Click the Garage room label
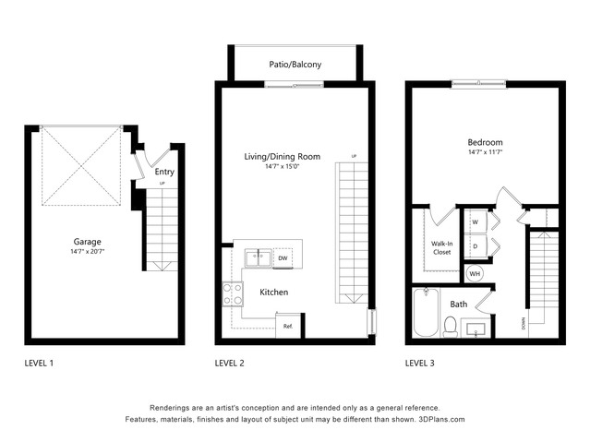[x=88, y=242]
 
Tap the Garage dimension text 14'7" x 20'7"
[x=88, y=251]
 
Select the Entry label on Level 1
[x=164, y=172]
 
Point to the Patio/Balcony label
[x=295, y=65]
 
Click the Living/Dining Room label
[x=283, y=157]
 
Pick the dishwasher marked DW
[x=283, y=258]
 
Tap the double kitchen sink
[x=259, y=258]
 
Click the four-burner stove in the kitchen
[x=233, y=294]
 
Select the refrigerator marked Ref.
[x=288, y=326]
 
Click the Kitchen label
[x=274, y=293]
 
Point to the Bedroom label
[x=485, y=143]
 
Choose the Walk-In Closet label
[x=441, y=248]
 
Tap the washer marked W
[x=476, y=221]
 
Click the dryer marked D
[x=476, y=246]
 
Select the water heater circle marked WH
[x=475, y=274]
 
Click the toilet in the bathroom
[x=451, y=327]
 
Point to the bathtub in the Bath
[x=426, y=312]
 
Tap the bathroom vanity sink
[x=476, y=329]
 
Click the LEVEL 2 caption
[x=230, y=364]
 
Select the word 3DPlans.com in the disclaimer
[x=441, y=419]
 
